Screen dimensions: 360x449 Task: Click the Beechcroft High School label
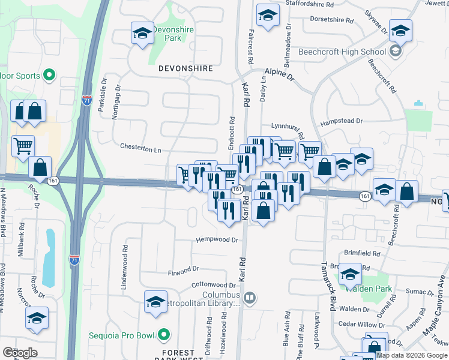348,52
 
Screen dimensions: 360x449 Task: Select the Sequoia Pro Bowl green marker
164,335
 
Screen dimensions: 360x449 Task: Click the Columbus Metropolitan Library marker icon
250,296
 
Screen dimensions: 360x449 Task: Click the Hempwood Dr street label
217,240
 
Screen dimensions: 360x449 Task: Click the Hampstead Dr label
342,122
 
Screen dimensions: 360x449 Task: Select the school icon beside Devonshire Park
142,34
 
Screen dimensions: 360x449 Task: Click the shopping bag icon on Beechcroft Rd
406,192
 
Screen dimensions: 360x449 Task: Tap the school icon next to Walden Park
349,274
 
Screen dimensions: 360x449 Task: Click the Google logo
20,353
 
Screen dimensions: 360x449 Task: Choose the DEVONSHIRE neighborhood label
185,68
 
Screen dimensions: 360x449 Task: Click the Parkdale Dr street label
103,90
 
